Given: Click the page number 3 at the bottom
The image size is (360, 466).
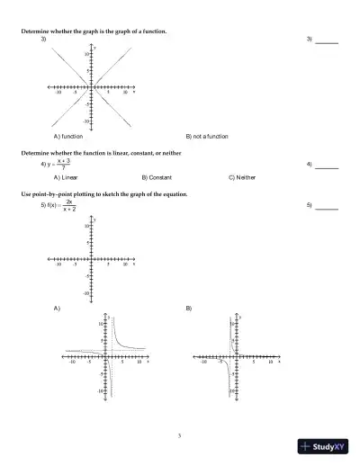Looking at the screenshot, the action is tap(180, 435).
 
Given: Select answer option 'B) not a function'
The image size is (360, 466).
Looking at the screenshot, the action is tap(207, 136).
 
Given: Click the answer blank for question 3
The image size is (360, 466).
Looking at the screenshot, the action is tap(327, 41).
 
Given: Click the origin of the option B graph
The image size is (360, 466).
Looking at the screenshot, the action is tap(237, 356).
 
